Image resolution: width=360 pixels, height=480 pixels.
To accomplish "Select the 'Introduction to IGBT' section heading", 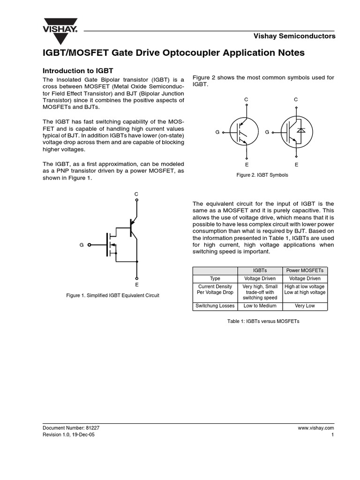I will (x=78, y=70).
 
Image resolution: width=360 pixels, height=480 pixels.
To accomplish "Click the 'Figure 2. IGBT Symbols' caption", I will (x=262, y=175).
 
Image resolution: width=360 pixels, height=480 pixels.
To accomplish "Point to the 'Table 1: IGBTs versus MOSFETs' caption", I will (x=263, y=322).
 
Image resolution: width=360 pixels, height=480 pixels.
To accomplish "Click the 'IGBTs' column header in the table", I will (x=259, y=270).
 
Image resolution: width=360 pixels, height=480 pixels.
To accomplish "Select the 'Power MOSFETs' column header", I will (x=305, y=270).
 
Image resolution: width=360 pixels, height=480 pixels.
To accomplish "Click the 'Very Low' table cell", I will (x=305, y=306).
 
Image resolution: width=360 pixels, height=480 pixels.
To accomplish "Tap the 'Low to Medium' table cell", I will (x=259, y=306).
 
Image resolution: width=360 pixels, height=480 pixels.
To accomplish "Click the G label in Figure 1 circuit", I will (x=82, y=245).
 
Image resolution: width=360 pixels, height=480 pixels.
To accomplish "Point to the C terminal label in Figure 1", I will (x=136, y=194).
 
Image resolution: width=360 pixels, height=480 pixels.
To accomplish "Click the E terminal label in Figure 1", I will (x=136, y=285).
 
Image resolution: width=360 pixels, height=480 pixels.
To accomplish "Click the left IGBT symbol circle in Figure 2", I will (x=244, y=132).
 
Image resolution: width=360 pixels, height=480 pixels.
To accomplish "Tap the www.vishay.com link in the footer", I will (x=315, y=428).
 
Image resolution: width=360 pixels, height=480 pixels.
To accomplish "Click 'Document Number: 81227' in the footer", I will (x=71, y=428).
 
